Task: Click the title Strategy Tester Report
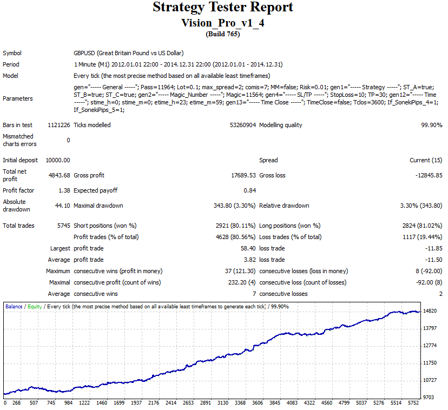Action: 223,7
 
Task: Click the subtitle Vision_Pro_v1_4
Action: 223,23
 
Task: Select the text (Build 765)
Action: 223,34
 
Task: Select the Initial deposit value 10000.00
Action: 57,160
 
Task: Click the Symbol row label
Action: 12,53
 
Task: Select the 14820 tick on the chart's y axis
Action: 431,310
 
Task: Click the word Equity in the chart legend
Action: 35,306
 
